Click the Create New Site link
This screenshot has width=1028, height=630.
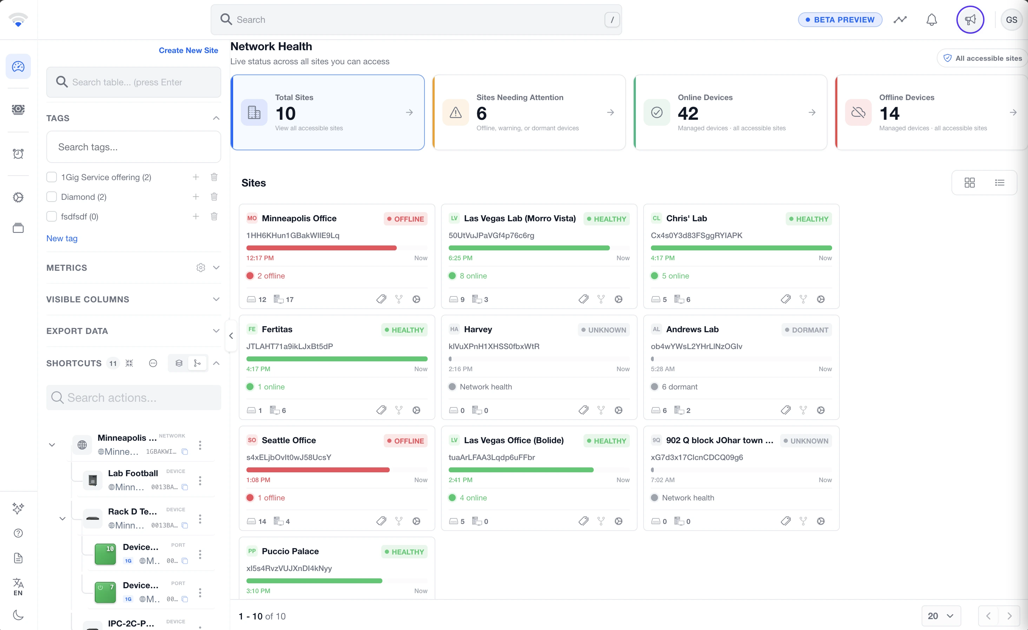(x=188, y=50)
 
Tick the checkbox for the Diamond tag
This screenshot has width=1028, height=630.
(x=51, y=197)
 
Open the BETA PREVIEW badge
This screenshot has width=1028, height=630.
(x=840, y=20)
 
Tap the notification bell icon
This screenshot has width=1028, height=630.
(x=932, y=20)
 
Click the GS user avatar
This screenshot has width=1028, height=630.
(x=1011, y=20)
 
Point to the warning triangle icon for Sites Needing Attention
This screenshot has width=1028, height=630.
(x=456, y=112)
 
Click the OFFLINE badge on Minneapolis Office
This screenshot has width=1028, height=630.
(x=406, y=219)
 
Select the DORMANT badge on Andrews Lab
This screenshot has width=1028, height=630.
(x=806, y=330)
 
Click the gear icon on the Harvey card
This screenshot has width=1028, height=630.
(x=618, y=410)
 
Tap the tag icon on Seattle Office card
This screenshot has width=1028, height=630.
(x=381, y=521)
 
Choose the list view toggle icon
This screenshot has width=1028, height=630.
(x=1000, y=182)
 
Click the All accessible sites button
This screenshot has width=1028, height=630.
(x=983, y=58)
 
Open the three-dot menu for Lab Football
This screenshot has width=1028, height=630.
(x=200, y=481)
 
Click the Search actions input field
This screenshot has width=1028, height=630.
(x=133, y=398)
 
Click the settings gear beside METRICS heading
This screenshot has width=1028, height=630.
(x=201, y=268)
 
